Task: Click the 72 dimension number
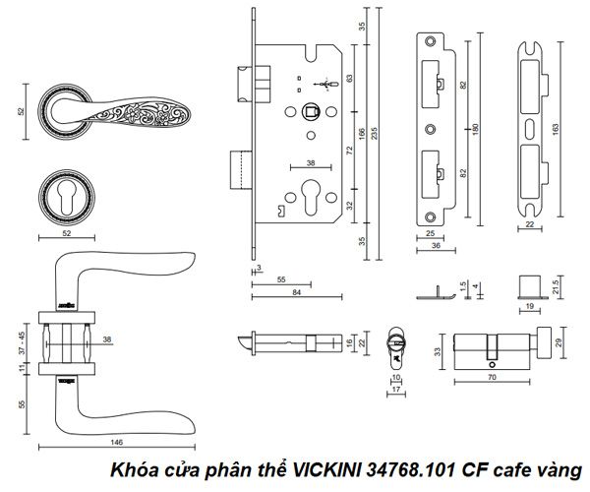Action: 351,154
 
